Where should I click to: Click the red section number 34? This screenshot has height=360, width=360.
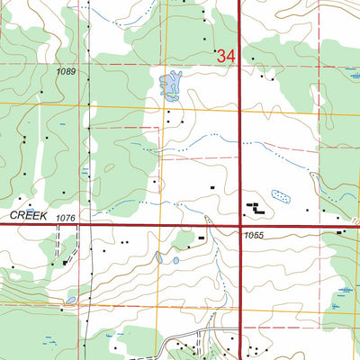click(225, 57)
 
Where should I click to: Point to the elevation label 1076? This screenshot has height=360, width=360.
click(64, 219)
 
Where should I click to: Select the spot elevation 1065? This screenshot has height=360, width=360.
click(255, 235)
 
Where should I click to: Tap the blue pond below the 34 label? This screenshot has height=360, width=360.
click(168, 85)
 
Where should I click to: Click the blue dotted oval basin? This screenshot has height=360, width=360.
click(281, 194)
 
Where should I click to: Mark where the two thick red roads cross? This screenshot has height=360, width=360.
click(241, 225)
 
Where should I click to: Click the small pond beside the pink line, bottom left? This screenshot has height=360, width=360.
click(70, 301)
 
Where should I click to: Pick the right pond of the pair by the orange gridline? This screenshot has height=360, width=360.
click(175, 260)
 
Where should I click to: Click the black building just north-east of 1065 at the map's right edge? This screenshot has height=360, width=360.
click(341, 232)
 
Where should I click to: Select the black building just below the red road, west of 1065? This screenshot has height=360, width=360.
click(202, 238)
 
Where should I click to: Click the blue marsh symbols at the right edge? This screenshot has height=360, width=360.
click(346, 291)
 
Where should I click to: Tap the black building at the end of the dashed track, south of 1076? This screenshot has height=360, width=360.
click(66, 262)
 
